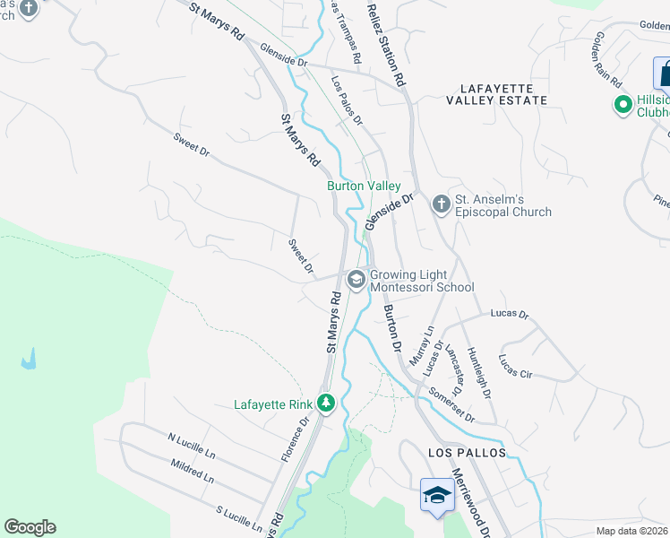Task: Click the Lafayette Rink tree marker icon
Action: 327,404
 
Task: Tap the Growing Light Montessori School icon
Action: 356,280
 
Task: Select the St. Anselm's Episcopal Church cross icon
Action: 441,204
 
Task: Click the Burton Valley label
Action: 362,185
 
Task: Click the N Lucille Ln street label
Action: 190,446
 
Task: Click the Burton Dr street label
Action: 391,328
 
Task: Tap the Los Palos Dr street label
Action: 348,99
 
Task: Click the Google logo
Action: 30,527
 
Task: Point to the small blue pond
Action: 29,360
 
